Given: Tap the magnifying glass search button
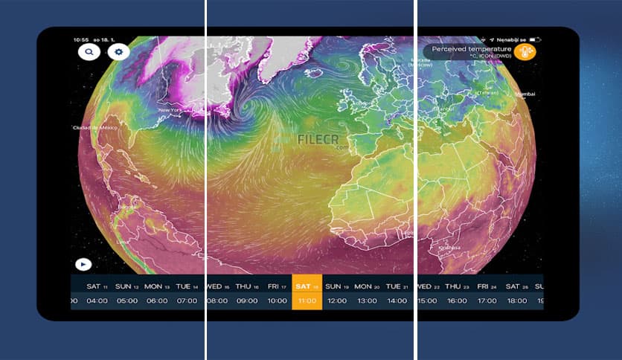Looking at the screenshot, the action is coord(89,52).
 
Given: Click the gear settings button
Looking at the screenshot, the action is coord(118,52).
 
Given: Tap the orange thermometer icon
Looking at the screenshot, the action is coord(525,52).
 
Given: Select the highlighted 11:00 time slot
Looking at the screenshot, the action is coord(307,301).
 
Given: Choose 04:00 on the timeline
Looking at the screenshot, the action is coord(97,301).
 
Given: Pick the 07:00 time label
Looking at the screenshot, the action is coord(187,301).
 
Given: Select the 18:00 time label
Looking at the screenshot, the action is coord(517,301).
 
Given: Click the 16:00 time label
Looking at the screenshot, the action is coord(457,301).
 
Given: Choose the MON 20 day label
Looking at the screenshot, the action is coord(367,286).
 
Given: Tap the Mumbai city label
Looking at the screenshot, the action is coord(525,94).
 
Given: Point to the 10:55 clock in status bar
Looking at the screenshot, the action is coord(81,39).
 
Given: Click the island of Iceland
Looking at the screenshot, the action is coord(315,73).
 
